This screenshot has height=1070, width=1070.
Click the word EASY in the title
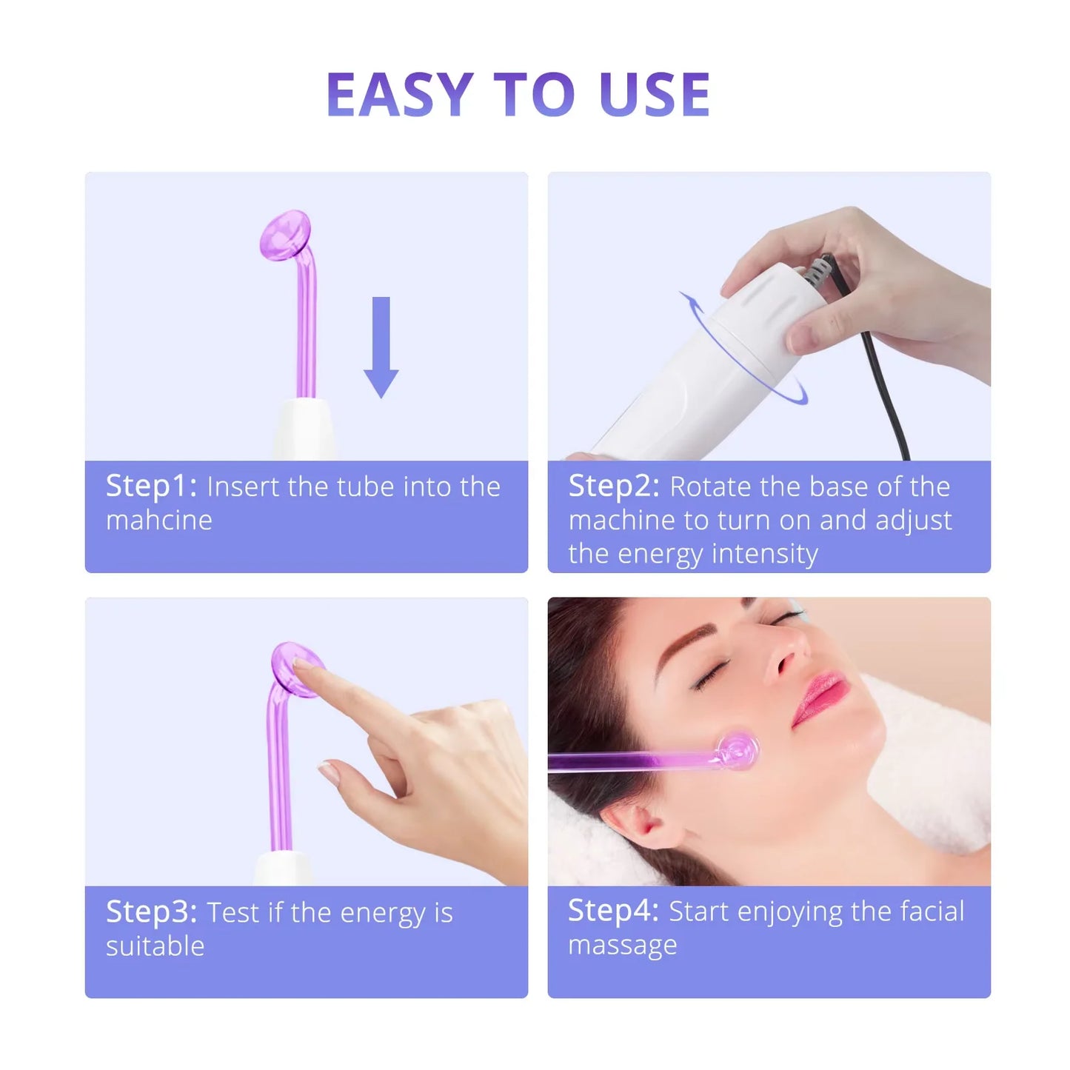tap(399, 95)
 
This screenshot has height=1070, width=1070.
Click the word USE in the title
tap(655, 95)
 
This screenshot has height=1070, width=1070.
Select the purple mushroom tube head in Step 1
tap(284, 234)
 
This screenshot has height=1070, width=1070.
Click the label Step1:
tap(151, 486)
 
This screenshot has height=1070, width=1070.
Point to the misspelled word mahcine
tap(159, 521)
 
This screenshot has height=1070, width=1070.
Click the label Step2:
tap(613, 486)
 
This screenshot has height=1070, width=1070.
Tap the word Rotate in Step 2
tap(711, 487)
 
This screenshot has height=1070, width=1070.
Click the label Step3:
tap(151, 912)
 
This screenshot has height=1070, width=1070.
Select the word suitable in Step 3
tap(155, 946)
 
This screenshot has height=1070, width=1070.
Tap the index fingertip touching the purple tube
tap(302, 666)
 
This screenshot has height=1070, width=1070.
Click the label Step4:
tap(613, 912)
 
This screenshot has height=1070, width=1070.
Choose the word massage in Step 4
tap(622, 946)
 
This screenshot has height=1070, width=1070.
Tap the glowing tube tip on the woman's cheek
tap(737, 752)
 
